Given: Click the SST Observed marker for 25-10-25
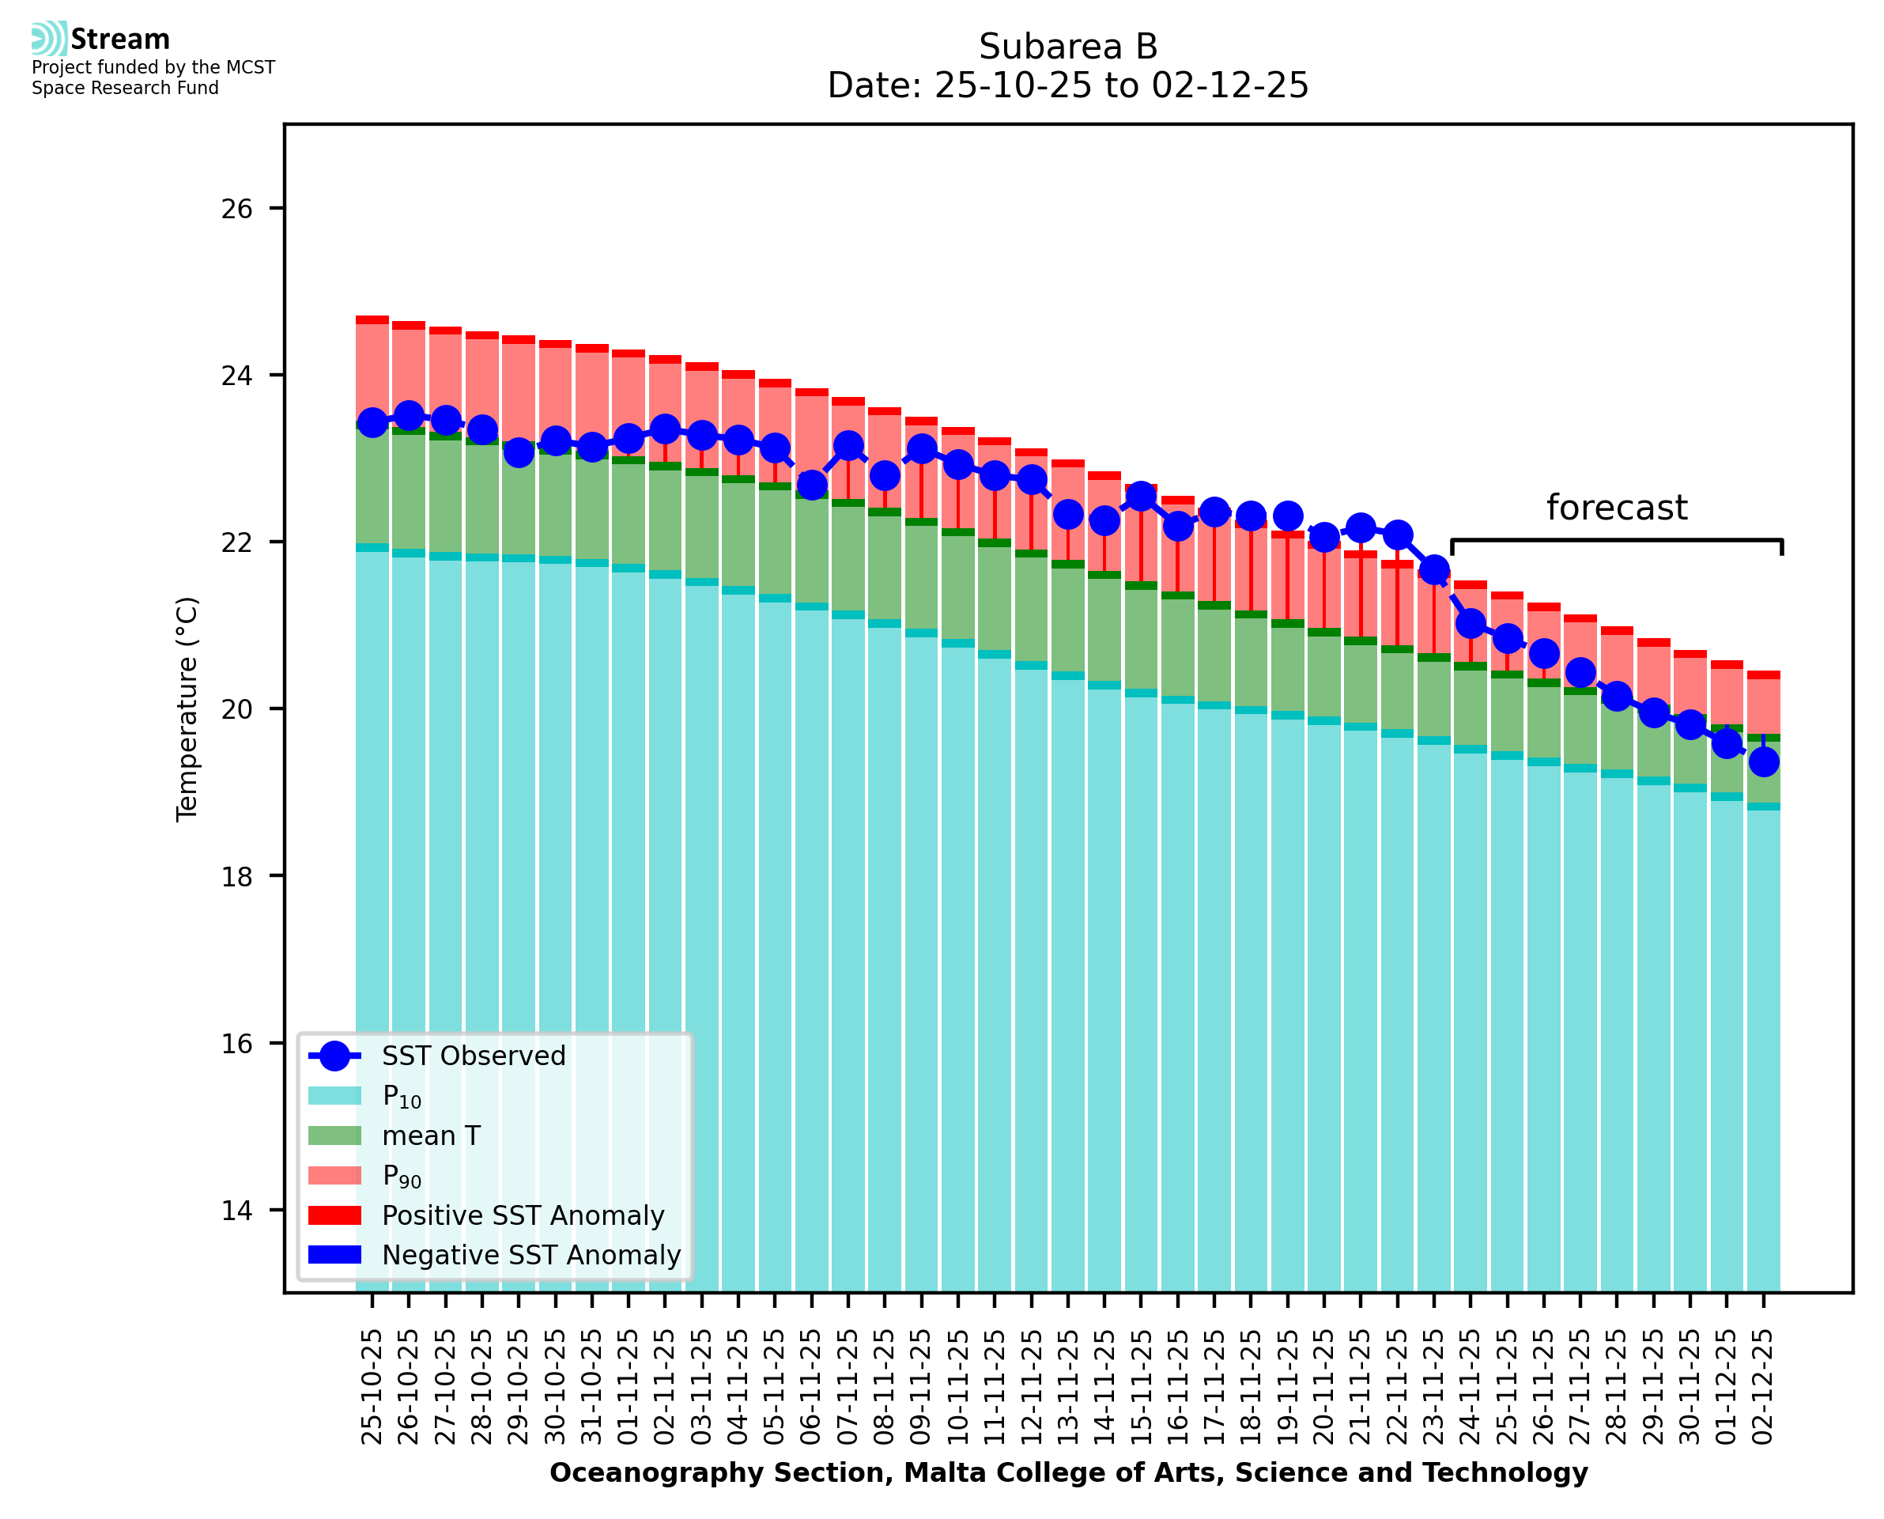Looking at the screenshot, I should pos(372,422).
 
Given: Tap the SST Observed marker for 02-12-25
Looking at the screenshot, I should pos(1762,762).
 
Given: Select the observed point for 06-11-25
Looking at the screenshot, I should pos(812,484).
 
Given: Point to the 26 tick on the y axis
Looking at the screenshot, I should pos(236,209).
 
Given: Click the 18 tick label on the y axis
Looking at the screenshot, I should pos(236,877).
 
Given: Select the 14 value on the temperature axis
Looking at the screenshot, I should pos(236,1211).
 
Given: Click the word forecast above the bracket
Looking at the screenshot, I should pos(1616,508).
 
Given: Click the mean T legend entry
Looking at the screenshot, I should pos(431,1135).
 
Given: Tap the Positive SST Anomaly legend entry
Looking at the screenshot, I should pos(523,1215).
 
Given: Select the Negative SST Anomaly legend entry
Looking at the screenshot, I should pos(531,1255).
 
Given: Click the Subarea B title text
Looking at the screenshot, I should pos(1068,47).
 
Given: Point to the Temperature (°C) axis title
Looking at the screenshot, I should pos(187,708).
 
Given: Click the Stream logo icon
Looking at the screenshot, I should pos(49,39).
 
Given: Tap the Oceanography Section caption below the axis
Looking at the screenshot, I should pos(1068,1472).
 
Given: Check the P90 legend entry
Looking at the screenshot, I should pos(402,1176).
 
